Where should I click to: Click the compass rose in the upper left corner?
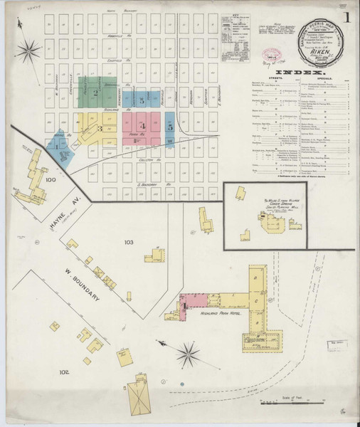pyautogui.click(x=30, y=50)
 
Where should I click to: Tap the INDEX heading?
pyautogui.click(x=304, y=73)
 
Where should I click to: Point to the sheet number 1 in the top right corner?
pyautogui.click(x=347, y=18)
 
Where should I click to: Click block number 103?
pyautogui.click(x=129, y=243)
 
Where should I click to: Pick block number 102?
pyautogui.click(x=64, y=371)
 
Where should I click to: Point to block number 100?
pyautogui.click(x=50, y=181)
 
